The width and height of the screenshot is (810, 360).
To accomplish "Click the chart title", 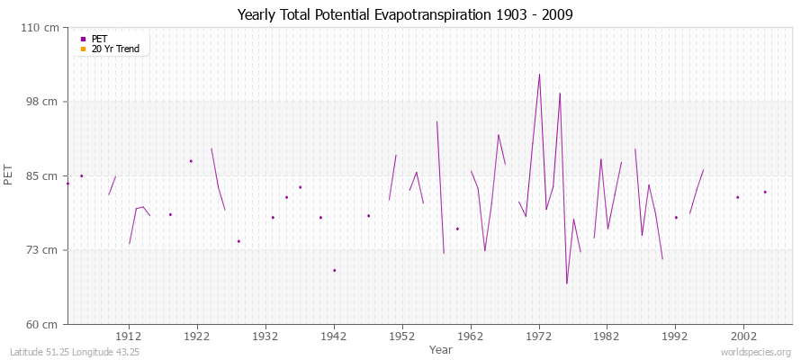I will (x=405, y=14).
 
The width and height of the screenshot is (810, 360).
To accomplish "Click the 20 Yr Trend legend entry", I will (x=115, y=49).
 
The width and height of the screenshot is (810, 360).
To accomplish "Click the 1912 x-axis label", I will (x=129, y=335).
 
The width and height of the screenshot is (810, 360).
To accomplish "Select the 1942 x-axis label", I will (x=334, y=335).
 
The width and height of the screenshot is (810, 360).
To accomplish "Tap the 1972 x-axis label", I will (x=539, y=335).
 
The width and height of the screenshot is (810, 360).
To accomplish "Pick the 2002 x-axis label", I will (x=743, y=335).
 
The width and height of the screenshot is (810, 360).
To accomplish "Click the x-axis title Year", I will (x=440, y=349).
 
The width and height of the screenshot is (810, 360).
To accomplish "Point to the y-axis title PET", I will (x=9, y=175).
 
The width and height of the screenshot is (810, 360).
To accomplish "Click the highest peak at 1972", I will (x=539, y=75).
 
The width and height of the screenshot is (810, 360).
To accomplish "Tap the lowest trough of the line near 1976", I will (x=567, y=283).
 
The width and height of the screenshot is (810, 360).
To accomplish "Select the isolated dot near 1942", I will (x=334, y=270).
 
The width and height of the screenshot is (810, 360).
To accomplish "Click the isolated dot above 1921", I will (x=191, y=161).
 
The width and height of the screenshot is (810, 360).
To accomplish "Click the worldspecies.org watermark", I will (x=756, y=352).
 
